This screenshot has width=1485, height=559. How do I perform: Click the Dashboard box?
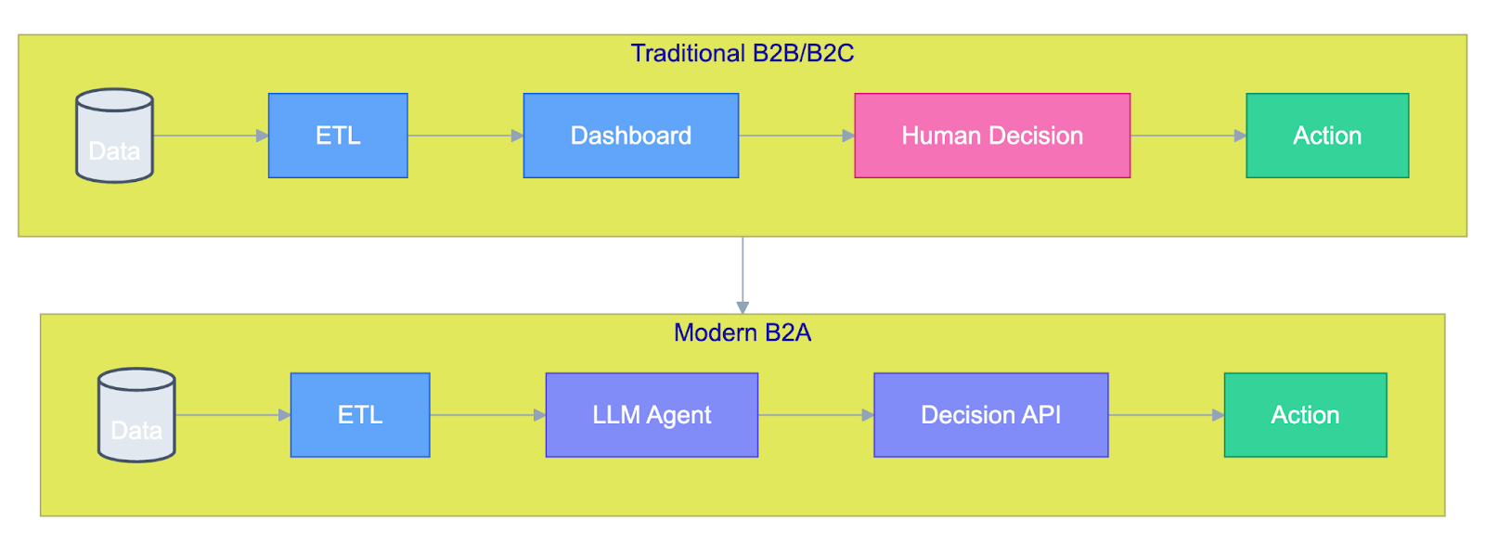click(x=631, y=136)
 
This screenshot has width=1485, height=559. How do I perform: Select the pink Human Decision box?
click(x=992, y=136)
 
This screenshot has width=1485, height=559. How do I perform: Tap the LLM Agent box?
click(x=652, y=415)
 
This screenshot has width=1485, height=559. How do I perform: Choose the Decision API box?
click(x=991, y=415)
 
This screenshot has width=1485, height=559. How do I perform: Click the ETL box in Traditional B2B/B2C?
click(x=338, y=136)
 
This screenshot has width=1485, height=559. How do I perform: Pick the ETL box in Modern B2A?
click(x=360, y=415)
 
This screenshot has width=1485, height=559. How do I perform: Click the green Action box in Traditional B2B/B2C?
click(x=1327, y=136)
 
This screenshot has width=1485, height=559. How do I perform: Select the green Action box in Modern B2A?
click(x=1305, y=415)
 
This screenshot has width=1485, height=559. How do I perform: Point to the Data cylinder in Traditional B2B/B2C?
click(x=115, y=136)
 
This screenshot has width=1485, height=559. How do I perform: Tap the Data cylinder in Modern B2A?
click(x=136, y=415)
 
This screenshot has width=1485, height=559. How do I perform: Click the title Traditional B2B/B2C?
click(x=742, y=53)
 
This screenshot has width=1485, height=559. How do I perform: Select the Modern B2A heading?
click(x=742, y=332)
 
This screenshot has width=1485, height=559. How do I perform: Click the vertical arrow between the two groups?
click(x=742, y=275)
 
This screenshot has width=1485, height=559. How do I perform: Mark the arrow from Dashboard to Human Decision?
click(x=797, y=136)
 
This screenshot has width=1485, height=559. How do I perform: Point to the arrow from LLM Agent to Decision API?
click(x=816, y=415)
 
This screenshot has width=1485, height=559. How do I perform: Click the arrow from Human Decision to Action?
click(x=1189, y=136)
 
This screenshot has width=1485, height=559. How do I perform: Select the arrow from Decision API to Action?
click(x=1167, y=415)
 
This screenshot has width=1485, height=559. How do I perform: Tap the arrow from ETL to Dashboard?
click(x=466, y=136)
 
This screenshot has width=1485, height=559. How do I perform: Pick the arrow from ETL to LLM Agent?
click(x=488, y=415)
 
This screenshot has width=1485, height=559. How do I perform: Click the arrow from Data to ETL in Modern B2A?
click(x=233, y=415)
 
